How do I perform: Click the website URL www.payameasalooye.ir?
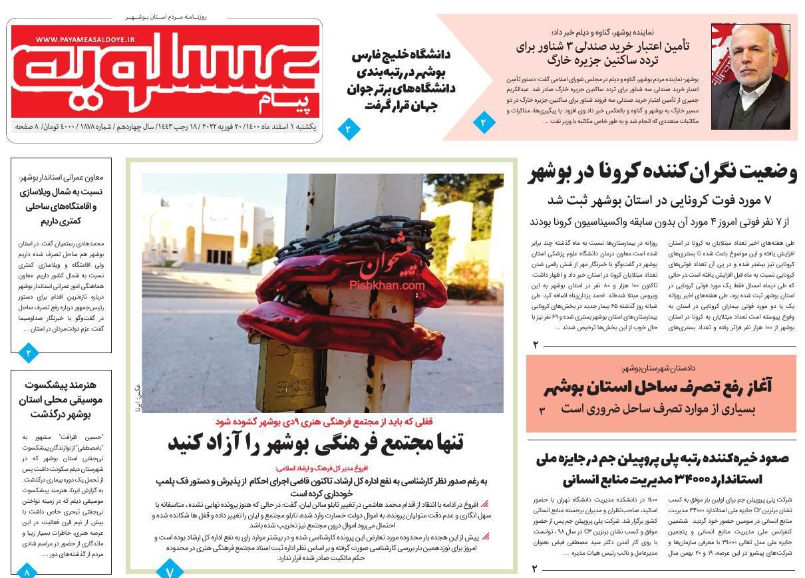click(x=85, y=40)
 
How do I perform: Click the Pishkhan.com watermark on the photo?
click(x=387, y=285)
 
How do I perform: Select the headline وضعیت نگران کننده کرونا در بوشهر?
click(x=663, y=172)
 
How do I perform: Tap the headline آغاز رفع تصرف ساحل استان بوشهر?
click(x=657, y=387)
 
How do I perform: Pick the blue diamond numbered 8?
click(x=27, y=571)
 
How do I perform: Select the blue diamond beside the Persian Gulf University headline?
click(x=348, y=128)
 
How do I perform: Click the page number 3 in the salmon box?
click(x=542, y=411)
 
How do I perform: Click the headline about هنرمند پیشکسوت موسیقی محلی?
click(x=61, y=399)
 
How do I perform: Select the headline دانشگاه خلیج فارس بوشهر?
click(x=401, y=80)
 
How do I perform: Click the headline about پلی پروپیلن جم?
click(x=662, y=468)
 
